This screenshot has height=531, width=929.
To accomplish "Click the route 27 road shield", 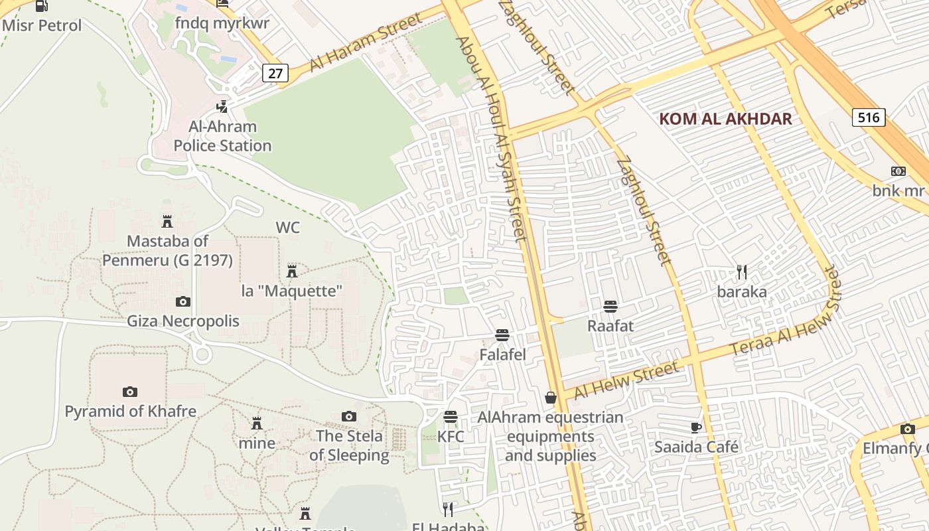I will click(x=275, y=73).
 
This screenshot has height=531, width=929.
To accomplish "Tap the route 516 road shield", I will click(x=868, y=118).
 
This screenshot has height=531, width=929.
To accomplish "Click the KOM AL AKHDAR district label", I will click(x=725, y=119).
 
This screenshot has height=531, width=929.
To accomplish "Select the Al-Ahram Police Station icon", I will click(x=222, y=106).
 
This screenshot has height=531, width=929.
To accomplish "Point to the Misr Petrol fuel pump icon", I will click(x=41, y=6).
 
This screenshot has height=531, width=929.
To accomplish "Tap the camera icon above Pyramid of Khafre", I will click(x=130, y=392).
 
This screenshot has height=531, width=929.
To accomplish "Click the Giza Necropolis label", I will click(x=183, y=321).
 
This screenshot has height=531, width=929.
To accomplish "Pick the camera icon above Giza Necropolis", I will click(x=183, y=301).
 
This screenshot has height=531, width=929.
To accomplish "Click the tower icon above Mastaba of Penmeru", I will click(x=167, y=221).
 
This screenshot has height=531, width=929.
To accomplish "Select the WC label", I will click(x=288, y=228).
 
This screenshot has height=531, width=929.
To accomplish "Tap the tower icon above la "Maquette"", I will click(x=291, y=270).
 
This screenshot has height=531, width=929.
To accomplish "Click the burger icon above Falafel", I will click(x=502, y=335).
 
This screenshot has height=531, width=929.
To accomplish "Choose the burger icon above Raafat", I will click(x=610, y=306).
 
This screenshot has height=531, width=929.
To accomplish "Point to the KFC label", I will click(x=451, y=437).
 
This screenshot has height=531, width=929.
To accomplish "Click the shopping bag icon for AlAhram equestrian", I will click(x=550, y=398).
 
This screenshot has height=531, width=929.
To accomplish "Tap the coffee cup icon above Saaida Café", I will click(x=695, y=427).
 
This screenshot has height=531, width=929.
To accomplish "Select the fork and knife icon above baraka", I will click(x=742, y=271).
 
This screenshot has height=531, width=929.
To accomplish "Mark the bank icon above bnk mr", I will click(x=898, y=171).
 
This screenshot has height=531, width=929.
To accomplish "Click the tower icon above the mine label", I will click(x=257, y=423).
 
